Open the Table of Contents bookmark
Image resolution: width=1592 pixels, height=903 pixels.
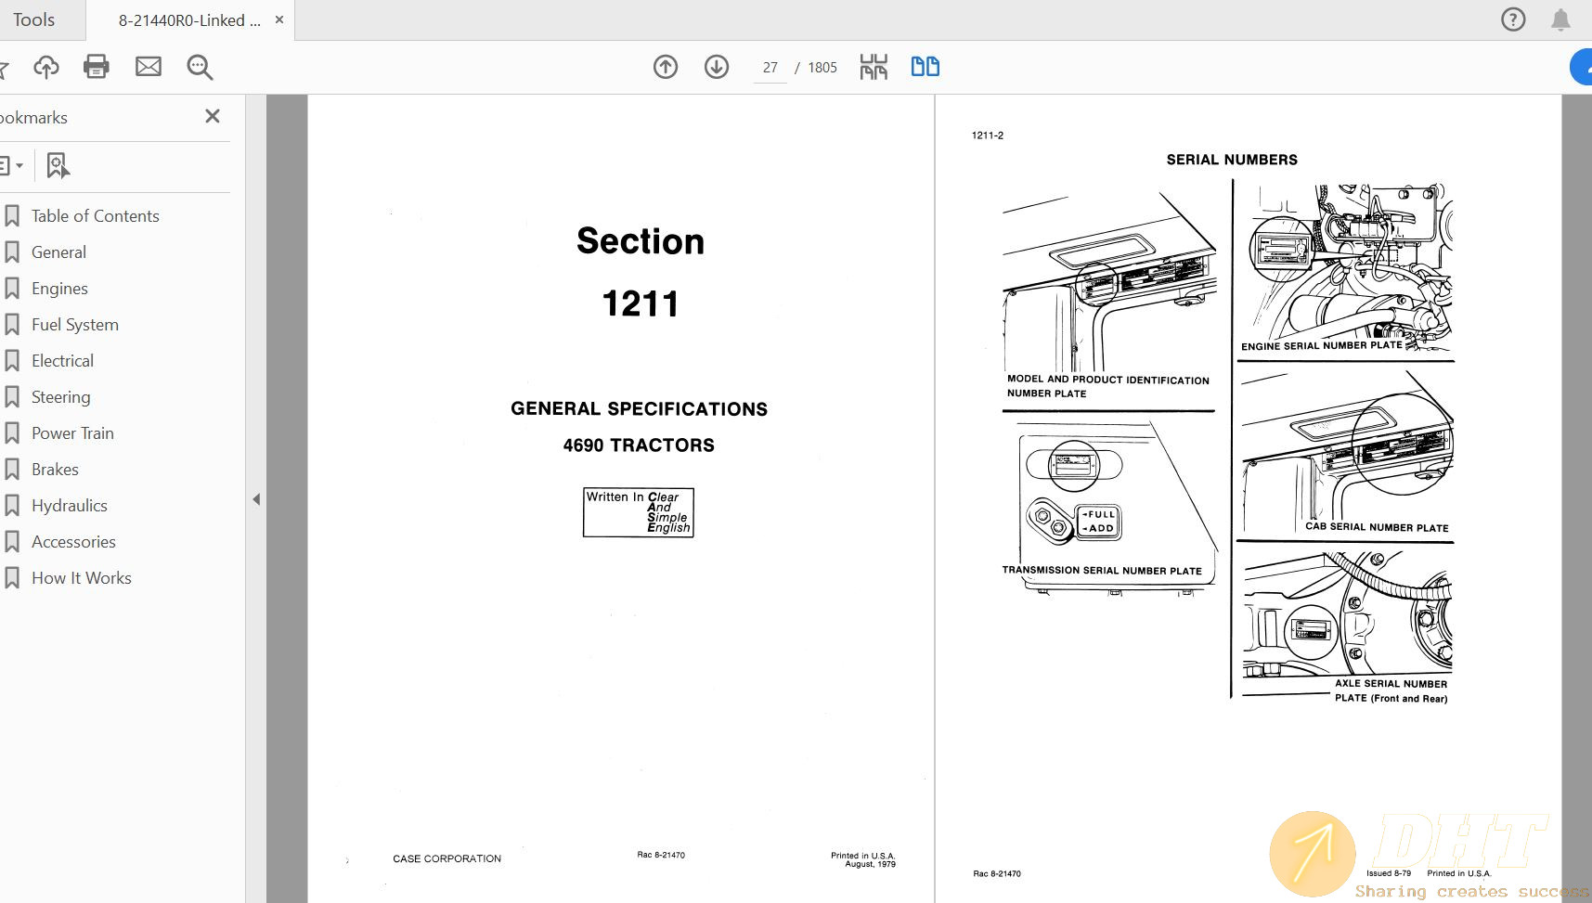coord(95,216)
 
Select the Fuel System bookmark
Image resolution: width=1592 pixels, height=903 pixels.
coord(74,325)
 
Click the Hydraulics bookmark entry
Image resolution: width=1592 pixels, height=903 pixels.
coord(69,506)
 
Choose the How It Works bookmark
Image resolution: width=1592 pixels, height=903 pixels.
coord(81,578)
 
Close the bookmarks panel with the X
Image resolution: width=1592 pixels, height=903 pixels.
coord(213,116)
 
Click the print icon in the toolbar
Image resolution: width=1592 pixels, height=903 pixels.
coord(97,67)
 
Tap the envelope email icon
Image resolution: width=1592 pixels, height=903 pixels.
coord(149,67)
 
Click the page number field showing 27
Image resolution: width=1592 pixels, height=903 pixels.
coord(770,68)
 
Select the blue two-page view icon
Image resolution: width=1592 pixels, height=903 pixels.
coord(925,67)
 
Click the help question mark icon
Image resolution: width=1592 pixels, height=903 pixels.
coord(1513,19)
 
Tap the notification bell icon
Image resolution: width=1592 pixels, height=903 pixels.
coord(1560,19)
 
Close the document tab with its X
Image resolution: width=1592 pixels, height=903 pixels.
coord(279,19)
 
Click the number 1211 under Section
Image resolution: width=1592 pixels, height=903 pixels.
coord(640,304)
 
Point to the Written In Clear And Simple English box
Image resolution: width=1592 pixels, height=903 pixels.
coord(639,512)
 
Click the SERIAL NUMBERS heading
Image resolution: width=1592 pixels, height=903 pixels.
coord(1231,160)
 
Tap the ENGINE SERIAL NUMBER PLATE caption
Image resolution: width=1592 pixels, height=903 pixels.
coord(1321,345)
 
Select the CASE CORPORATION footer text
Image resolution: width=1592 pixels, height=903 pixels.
coord(447,858)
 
